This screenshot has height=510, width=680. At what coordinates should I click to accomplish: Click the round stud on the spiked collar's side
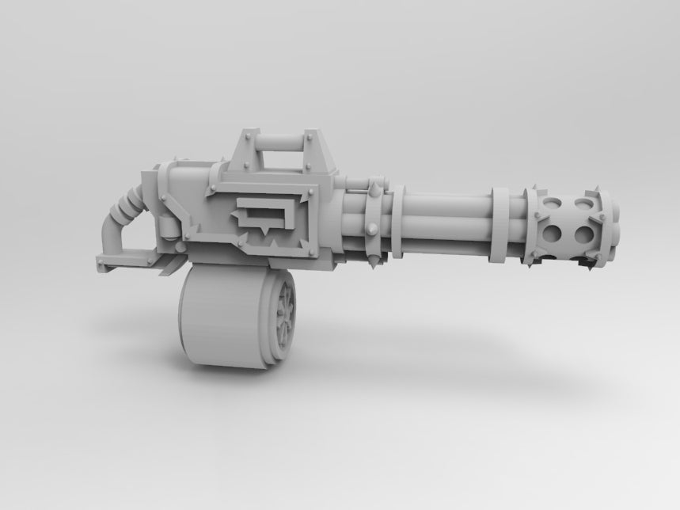(x=371, y=229)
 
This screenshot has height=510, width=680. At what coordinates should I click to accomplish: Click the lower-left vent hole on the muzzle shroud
(x=554, y=234)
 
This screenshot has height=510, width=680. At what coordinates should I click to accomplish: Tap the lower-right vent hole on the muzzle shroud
(x=584, y=234)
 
